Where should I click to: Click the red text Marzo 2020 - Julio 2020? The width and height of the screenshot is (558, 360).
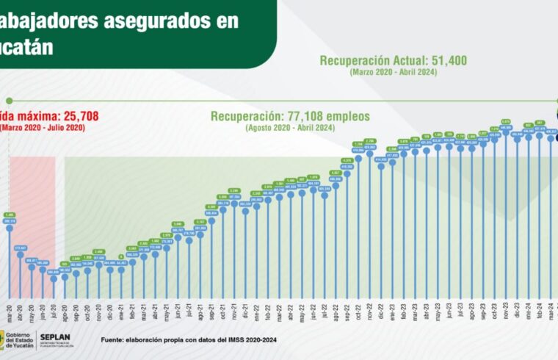[31, 128]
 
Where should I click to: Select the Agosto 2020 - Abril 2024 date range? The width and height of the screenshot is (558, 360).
[291, 128]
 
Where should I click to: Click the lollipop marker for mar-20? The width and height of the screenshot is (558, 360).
[10, 228]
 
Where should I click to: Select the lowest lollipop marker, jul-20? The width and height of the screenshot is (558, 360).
[54, 278]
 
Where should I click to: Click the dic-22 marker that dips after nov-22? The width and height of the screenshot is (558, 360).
[380, 166]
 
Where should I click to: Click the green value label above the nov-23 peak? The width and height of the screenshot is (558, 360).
[506, 122]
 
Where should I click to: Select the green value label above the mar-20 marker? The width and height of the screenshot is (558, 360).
[10, 215]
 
